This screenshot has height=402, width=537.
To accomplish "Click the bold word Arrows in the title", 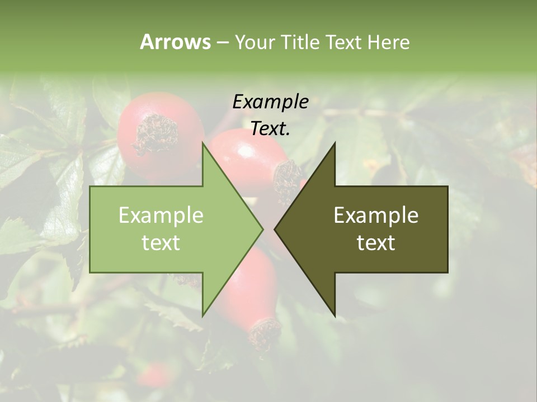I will (x=175, y=42).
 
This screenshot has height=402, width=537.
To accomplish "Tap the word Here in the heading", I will (x=389, y=42).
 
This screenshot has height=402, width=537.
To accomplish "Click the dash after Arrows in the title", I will (x=223, y=42).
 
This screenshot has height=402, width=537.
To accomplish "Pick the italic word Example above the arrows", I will (x=270, y=102).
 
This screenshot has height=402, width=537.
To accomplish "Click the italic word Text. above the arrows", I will (x=270, y=129).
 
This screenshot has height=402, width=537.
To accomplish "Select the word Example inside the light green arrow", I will (x=161, y=215).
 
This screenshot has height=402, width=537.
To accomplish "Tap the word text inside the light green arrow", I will (x=161, y=243).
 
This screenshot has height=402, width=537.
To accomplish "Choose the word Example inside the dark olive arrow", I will (x=376, y=215).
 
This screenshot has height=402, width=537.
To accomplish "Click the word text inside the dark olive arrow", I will (x=376, y=243).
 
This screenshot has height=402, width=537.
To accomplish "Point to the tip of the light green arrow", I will (x=262, y=229).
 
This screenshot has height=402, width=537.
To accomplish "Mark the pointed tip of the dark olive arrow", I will (x=275, y=229).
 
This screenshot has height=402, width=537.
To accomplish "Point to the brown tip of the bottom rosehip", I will (x=265, y=333).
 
